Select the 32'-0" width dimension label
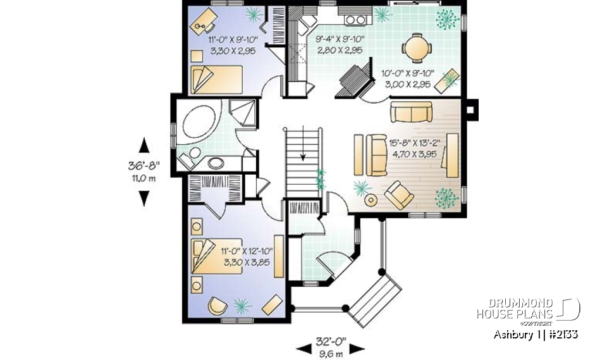click(x=331, y=340)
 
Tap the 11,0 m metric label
click(x=144, y=178)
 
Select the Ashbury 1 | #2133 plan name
click(x=534, y=333)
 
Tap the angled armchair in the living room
click(x=400, y=194)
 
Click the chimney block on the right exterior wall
click(x=471, y=108)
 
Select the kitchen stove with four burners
click(x=357, y=20)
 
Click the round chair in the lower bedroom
click(x=216, y=305)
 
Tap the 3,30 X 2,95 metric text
click(x=231, y=51)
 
